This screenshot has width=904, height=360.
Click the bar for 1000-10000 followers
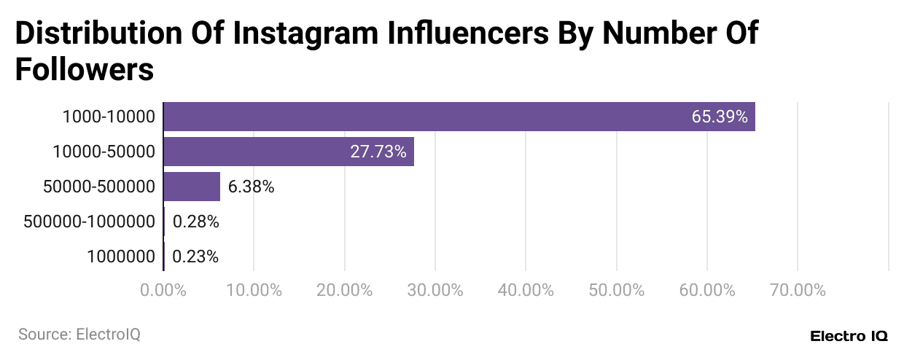coord(459,117)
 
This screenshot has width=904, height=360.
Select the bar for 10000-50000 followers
coord(289,152)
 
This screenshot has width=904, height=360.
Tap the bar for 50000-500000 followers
coord(192,187)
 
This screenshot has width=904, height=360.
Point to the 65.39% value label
coord(720,117)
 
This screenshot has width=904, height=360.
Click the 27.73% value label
coord(378,152)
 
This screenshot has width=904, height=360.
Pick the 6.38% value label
coord(251,187)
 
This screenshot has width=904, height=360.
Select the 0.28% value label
coord(195,222)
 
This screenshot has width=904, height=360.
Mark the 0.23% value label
coord(195,257)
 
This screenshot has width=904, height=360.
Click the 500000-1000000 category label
coord(89,222)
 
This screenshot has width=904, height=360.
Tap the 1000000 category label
coord(121,257)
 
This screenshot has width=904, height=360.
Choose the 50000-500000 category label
coord(99,187)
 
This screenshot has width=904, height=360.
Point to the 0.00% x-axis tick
coord(163,290)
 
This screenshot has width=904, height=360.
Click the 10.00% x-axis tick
coord(254,290)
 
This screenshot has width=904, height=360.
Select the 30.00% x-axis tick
coord(435,290)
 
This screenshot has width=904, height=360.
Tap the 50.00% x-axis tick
coord(617,290)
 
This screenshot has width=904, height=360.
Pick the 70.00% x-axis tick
coord(798,290)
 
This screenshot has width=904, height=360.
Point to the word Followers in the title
coord(85,70)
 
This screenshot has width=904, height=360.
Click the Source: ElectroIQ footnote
coord(79,334)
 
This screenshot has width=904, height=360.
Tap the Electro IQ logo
coord(849,336)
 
